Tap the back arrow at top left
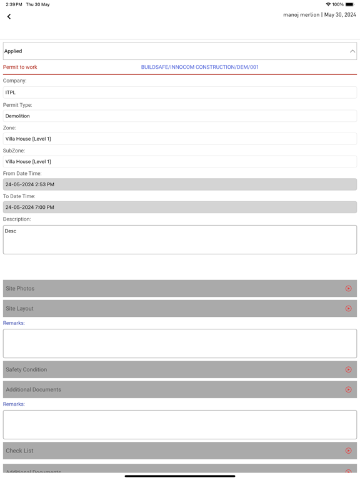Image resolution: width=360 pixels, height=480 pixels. pyautogui.click(x=9, y=17)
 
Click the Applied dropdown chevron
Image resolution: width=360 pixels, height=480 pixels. pyautogui.click(x=352, y=51)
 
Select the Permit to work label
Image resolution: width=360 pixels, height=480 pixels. pyautogui.click(x=20, y=67)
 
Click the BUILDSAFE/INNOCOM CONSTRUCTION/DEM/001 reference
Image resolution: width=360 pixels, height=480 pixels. pyautogui.click(x=199, y=67)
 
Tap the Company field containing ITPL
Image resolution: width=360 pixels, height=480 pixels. pyautogui.click(x=180, y=92)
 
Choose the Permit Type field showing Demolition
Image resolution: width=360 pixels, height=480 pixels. pyautogui.click(x=180, y=116)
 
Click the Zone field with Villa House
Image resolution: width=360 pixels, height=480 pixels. pyautogui.click(x=180, y=139)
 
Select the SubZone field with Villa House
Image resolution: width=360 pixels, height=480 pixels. pyautogui.click(x=180, y=161)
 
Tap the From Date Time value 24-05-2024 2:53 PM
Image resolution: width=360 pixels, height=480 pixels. pyautogui.click(x=180, y=184)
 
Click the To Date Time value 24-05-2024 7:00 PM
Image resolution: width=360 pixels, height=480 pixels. pyautogui.click(x=180, y=207)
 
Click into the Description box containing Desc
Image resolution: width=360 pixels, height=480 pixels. pyautogui.click(x=180, y=239)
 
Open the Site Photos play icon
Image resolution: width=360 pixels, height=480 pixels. pyautogui.click(x=348, y=289)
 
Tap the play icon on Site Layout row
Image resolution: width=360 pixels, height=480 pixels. pyautogui.click(x=348, y=309)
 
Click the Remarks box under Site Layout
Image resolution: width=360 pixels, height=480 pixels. pyautogui.click(x=180, y=343)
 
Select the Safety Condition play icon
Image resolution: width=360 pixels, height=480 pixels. pyautogui.click(x=348, y=370)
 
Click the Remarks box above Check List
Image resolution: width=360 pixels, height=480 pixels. pyautogui.click(x=180, y=424)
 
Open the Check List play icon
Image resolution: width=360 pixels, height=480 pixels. pyautogui.click(x=348, y=451)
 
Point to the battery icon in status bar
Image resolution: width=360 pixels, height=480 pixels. pyautogui.click(x=349, y=4)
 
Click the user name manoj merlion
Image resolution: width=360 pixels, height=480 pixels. pyautogui.click(x=301, y=15)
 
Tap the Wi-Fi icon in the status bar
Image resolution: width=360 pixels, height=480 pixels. pyautogui.click(x=328, y=4)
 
